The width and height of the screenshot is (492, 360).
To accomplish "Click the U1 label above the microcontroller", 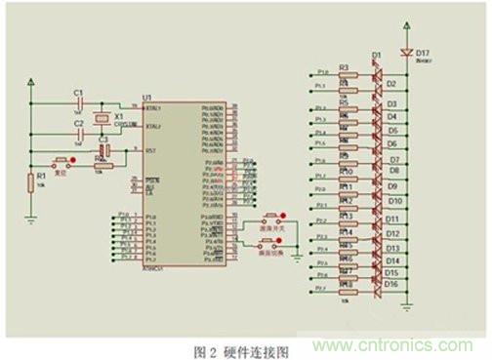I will pos(147,99).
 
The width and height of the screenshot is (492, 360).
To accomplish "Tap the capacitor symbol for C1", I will pos(78,101).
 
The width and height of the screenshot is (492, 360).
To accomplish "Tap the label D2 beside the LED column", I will pos(391,85).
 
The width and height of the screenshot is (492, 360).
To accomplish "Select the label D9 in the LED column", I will pos(391,185).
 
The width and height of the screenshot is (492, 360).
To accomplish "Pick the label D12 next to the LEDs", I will pos(392,233).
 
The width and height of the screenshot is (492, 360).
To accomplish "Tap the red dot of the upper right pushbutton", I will pos(284,216).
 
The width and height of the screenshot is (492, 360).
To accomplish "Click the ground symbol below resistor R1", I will pos(31,221).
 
